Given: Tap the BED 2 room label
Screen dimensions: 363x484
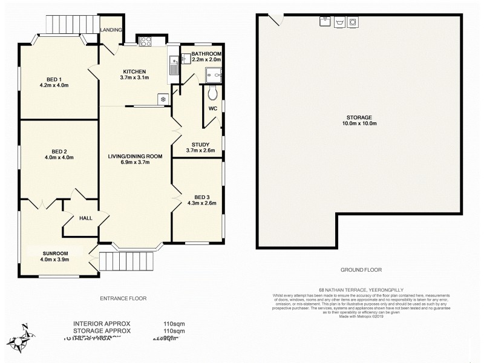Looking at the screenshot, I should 58,151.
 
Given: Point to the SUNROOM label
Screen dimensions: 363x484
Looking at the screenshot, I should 55,253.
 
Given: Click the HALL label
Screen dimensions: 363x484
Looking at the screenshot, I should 85,218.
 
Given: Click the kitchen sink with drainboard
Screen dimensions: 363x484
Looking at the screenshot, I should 173,64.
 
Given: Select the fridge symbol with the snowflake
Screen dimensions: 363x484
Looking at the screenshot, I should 162,99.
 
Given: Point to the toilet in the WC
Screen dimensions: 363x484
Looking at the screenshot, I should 212,93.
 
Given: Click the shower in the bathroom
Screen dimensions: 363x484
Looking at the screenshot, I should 214,74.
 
